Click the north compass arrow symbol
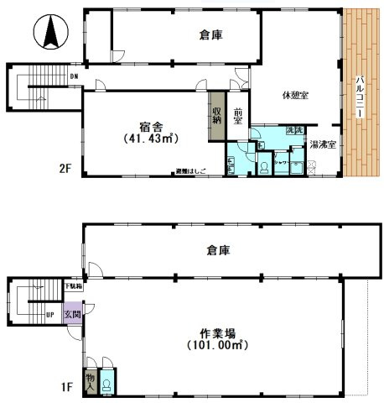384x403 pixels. click(x=49, y=34)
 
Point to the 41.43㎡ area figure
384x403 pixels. click(x=149, y=138)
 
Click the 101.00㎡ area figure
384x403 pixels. click(x=215, y=344)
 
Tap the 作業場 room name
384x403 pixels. click(x=215, y=330)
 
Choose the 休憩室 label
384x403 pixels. click(x=295, y=95)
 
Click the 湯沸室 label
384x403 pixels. click(x=323, y=144)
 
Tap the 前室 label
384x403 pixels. click(x=238, y=117)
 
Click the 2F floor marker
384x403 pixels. click(x=65, y=167)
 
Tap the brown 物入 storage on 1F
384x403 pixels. click(x=90, y=382)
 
